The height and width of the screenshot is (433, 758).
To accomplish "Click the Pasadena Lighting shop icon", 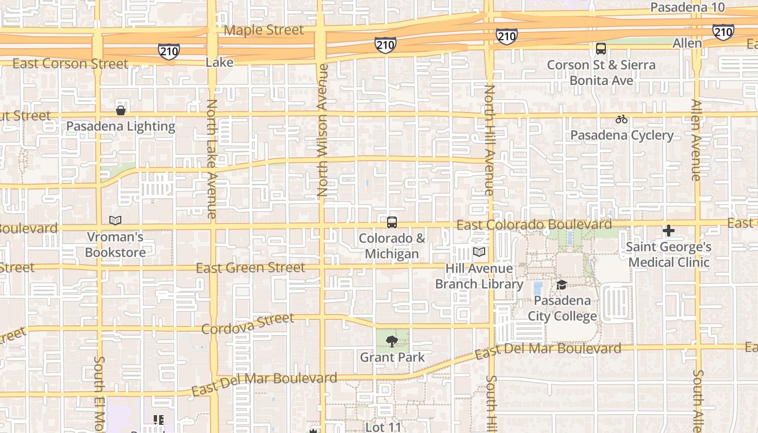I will (121, 110).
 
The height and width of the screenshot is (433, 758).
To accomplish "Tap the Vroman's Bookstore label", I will (115, 245).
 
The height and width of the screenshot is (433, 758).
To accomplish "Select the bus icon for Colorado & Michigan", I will (391, 222).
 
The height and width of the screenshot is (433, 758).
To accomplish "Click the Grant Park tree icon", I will (392, 341).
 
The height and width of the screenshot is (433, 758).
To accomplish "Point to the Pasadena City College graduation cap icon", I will (561, 285).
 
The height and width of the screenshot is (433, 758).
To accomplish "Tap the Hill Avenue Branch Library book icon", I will (479, 252).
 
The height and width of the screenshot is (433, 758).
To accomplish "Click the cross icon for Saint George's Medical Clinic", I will (669, 231).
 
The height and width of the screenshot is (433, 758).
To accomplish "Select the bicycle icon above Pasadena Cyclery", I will (622, 119).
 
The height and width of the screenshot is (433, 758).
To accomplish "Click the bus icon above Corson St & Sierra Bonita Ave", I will (601, 49).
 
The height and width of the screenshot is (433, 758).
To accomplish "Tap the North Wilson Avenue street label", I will (323, 130).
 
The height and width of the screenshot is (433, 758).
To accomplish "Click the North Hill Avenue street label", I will (489, 140).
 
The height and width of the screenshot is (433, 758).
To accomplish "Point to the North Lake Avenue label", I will (212, 158).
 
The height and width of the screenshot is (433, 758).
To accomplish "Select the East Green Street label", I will (250, 268).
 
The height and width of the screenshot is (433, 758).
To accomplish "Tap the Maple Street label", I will (264, 30).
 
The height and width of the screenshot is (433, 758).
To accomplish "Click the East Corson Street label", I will (70, 64).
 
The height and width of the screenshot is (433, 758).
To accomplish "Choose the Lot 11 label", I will (383, 427).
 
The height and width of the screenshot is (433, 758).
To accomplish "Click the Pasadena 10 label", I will (687, 8).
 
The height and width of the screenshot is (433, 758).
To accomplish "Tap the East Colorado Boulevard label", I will (534, 225).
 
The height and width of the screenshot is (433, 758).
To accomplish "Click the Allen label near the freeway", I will (687, 43).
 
